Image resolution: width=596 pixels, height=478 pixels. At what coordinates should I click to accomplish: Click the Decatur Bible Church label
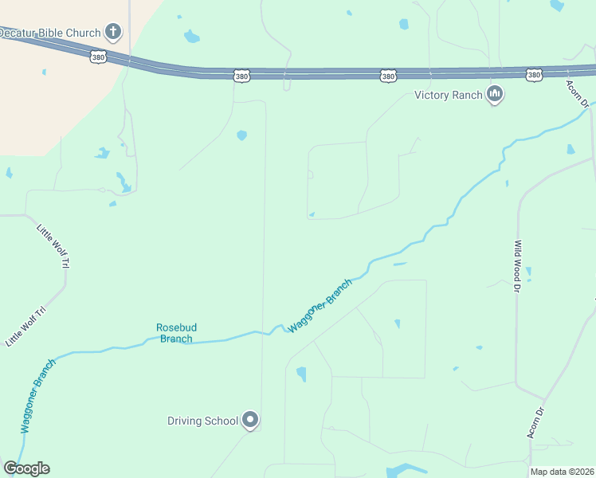[49, 33]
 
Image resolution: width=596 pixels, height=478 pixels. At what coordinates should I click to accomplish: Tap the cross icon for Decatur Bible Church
[113, 33]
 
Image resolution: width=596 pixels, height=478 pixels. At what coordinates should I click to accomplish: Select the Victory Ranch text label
[449, 96]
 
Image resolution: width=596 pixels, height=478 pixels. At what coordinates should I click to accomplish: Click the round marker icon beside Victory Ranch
[495, 96]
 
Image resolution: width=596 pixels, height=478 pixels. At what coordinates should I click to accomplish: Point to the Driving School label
[202, 421]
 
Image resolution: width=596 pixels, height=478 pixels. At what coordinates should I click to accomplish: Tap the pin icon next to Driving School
[250, 420]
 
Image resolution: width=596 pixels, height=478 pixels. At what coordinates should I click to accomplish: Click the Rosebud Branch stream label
[176, 333]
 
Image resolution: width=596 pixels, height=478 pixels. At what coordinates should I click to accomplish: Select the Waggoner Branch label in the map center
[320, 306]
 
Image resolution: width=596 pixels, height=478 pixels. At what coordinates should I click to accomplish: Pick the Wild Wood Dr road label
[517, 266]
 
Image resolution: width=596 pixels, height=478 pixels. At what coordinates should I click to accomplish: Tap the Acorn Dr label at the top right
[578, 93]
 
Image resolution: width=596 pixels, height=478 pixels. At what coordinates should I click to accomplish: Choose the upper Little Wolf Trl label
[53, 245]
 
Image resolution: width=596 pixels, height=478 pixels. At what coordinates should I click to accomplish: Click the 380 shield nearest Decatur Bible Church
[98, 57]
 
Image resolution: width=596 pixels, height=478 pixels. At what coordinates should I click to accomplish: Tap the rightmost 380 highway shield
[534, 75]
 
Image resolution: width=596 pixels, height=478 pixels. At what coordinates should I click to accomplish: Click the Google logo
[26, 468]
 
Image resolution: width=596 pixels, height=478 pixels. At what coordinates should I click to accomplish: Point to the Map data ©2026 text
[562, 472]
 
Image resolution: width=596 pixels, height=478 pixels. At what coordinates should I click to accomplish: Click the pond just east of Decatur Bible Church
[191, 37]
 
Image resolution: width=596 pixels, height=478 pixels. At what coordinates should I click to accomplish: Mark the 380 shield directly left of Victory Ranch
[387, 76]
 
